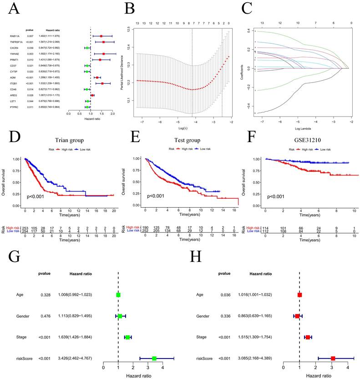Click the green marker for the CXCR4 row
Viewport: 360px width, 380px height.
click(87, 47)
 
